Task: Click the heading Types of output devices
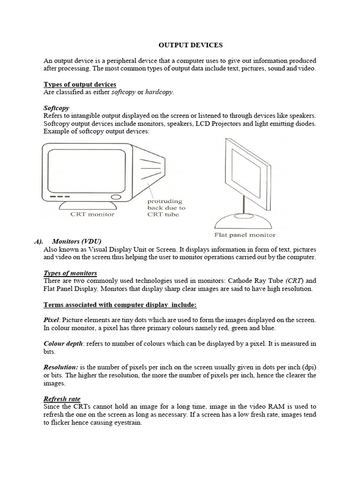click(x=80, y=84)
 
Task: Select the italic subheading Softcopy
click(x=57, y=107)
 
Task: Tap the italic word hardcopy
click(x=159, y=92)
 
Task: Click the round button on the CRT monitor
click(x=115, y=196)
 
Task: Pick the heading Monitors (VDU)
click(x=76, y=241)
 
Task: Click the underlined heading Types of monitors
click(x=70, y=273)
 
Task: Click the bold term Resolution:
click(x=60, y=367)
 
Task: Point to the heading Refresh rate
click(x=61, y=398)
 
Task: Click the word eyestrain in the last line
click(x=126, y=422)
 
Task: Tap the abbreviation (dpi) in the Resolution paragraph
click(x=308, y=367)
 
